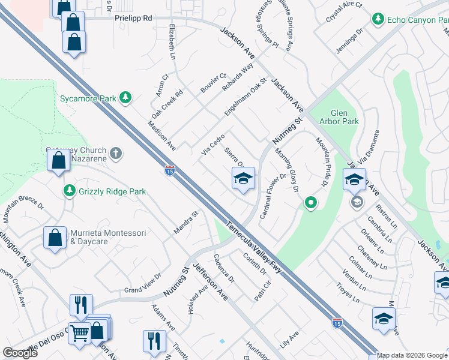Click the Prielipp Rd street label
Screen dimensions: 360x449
[x=133, y=19]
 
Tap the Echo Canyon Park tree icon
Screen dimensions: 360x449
[x=378, y=20]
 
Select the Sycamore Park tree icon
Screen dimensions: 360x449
[x=125, y=97]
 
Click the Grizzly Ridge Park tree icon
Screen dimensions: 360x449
[x=70, y=191]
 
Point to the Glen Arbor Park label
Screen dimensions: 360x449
[x=344, y=117]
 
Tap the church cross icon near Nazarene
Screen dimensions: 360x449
[x=116, y=154]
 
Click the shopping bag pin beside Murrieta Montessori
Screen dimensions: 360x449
[x=55, y=237]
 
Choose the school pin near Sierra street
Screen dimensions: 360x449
[x=243, y=178]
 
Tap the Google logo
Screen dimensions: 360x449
[x=20, y=353]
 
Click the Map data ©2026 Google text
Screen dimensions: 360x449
[x=412, y=355]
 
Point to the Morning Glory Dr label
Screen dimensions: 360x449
[x=288, y=169]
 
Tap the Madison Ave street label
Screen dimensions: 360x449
[x=161, y=135]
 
